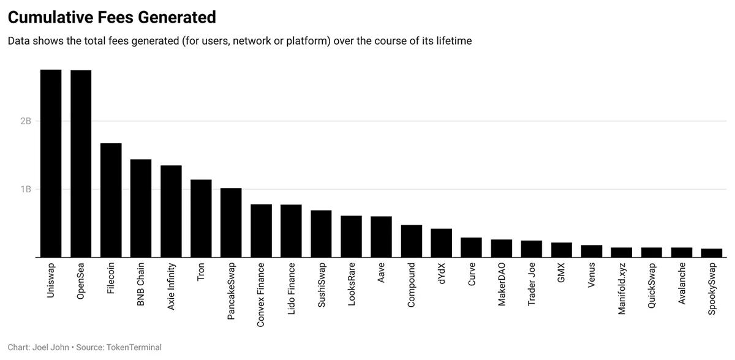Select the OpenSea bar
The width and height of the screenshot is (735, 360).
[81, 163]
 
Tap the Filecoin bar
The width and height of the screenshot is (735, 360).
[111, 200]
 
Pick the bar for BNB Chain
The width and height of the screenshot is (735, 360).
[141, 208]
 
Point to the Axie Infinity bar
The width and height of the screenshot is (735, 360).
[171, 211]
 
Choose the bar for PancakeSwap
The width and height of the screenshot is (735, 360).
[231, 222]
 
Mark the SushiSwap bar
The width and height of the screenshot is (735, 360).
[321, 233]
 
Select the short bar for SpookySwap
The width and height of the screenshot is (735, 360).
[712, 253]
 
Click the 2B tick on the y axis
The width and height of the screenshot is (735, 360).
[25, 121]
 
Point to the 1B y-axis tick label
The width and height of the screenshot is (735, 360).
[25, 189]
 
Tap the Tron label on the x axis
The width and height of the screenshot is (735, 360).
[201, 272]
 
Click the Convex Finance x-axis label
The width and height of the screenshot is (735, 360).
[261, 294]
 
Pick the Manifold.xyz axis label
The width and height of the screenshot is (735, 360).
[622, 288]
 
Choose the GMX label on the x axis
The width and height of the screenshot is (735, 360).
[561, 273]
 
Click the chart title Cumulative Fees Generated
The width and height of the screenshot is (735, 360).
[111, 17]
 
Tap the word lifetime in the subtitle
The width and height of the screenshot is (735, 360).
[451, 41]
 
